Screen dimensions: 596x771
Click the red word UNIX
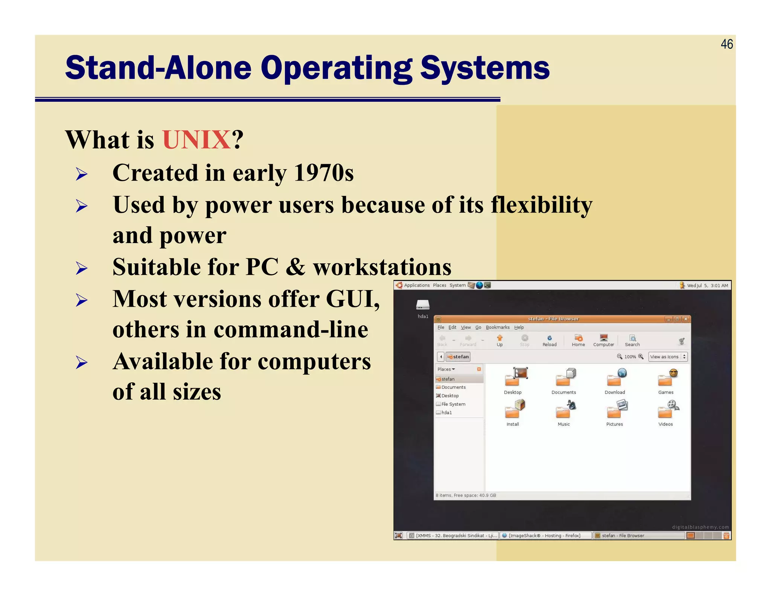pos(196,140)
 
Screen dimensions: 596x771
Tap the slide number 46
pos(726,44)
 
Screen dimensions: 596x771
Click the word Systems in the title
pos(485,68)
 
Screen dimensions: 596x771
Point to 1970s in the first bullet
pos(323,173)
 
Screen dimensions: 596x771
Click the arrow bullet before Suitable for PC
pos(81,268)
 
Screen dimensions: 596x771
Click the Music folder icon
pos(564,410)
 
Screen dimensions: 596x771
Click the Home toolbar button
pos(578,340)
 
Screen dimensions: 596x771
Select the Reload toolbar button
pos(549,340)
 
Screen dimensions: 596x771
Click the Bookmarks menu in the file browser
pos(497,327)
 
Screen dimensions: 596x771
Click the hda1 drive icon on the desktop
pos(423,305)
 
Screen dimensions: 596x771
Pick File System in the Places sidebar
pos(453,404)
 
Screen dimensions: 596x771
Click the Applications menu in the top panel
pos(416,285)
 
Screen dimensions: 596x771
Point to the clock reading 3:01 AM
pos(719,286)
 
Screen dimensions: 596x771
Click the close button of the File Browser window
pos(686,319)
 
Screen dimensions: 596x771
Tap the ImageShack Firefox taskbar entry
pos(544,535)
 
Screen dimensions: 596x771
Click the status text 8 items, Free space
pos(466,495)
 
